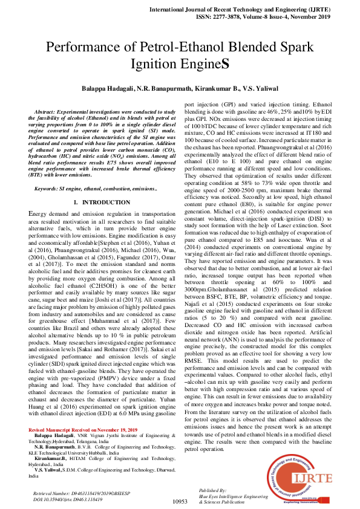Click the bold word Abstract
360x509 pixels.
coord(50,113)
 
